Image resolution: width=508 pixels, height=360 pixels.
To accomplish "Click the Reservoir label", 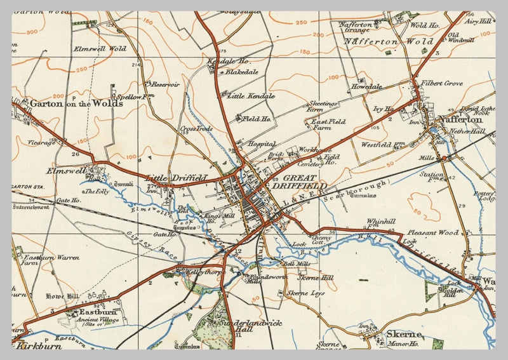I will click(166, 84).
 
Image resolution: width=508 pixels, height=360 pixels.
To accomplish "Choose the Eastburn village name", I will click(97, 312).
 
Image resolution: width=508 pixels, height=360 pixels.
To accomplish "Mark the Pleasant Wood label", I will click(434, 233).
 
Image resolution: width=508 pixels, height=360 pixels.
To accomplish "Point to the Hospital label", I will click(262, 144).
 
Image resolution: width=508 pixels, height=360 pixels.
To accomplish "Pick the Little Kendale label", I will click(251, 97).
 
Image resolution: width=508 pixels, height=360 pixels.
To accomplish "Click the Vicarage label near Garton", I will click(41, 143).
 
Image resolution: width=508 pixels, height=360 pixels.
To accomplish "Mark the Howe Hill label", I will click(61, 296).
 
